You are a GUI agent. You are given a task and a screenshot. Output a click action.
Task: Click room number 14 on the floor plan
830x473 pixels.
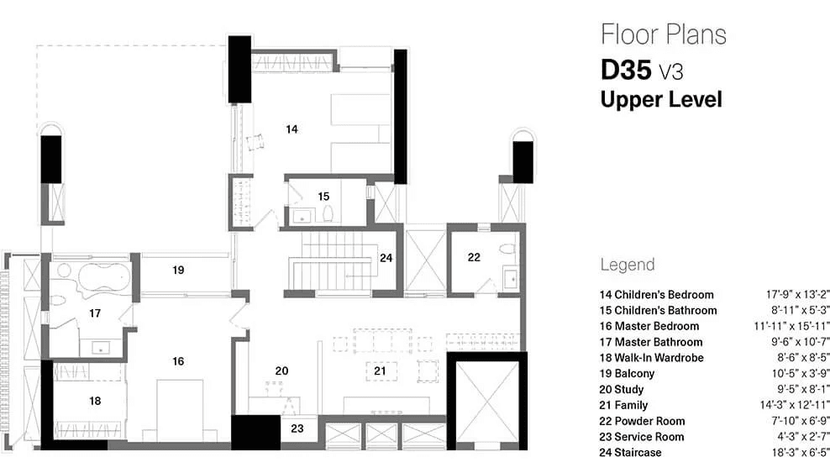(292, 129)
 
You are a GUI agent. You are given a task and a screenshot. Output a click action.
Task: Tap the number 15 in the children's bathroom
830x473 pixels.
(323, 196)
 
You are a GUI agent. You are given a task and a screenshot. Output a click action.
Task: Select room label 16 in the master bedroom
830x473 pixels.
(178, 360)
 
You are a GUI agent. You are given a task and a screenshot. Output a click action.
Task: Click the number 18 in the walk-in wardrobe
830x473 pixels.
(95, 401)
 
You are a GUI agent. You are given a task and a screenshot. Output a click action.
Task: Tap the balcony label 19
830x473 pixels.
(178, 271)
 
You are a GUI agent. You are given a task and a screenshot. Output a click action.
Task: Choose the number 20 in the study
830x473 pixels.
(282, 370)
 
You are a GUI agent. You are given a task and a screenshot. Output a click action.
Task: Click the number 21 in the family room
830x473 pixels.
(380, 370)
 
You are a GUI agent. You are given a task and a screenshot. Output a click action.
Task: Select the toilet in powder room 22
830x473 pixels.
(504, 249)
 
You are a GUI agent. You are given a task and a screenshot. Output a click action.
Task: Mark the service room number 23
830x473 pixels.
(297, 428)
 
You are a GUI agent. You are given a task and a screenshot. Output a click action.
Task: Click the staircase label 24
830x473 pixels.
(386, 258)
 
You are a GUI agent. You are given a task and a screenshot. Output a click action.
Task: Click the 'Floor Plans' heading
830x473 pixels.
(663, 34)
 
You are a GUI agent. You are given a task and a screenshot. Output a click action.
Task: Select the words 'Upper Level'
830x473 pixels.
(660, 99)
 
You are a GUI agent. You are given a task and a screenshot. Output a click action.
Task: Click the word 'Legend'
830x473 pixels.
(627, 265)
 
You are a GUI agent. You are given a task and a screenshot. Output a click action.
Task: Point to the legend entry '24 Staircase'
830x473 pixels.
(630, 453)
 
